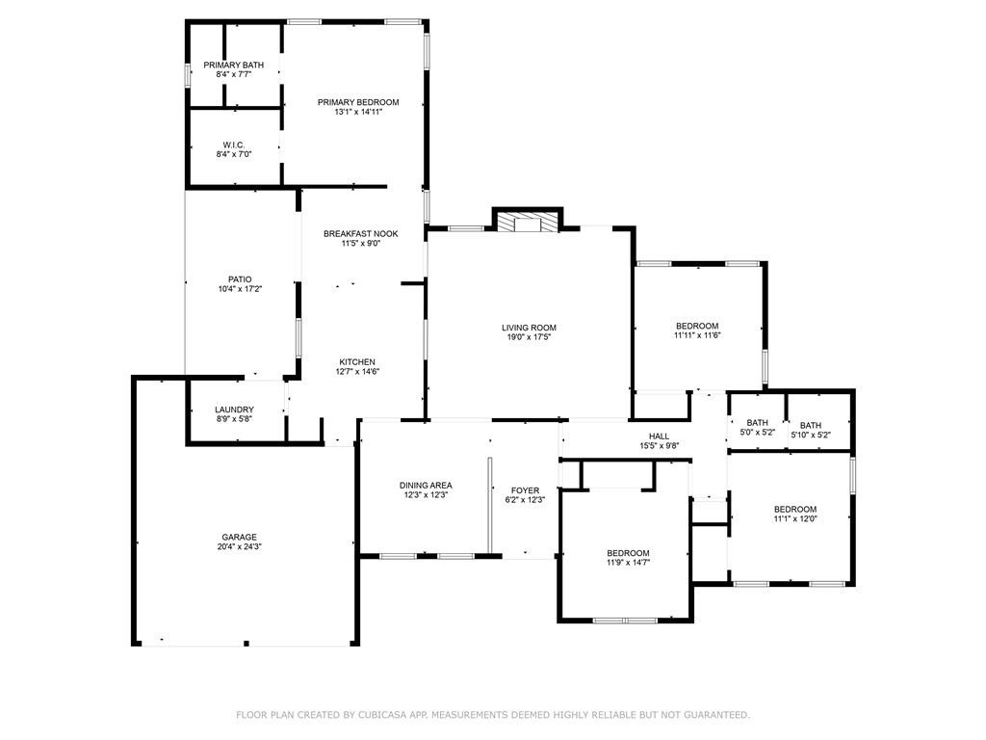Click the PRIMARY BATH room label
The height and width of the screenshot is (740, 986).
click(x=234, y=65)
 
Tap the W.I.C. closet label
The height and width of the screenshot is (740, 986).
click(x=234, y=145)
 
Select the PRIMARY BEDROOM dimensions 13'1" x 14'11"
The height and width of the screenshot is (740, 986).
click(x=358, y=112)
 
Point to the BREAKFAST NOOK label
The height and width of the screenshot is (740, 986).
click(x=361, y=233)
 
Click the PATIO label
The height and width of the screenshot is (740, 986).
click(x=240, y=279)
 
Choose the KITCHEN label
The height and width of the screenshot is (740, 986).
click(x=357, y=362)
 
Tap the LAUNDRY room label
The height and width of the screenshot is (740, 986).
click(x=235, y=410)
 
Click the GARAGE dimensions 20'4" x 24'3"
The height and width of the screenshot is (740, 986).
click(x=239, y=547)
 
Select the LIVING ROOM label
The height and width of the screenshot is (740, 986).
click(x=529, y=328)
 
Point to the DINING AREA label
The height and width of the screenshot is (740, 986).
click(x=426, y=486)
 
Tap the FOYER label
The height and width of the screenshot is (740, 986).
click(x=525, y=490)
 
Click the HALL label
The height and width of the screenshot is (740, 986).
click(x=659, y=436)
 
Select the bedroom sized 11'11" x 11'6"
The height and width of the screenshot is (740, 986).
click(x=697, y=331)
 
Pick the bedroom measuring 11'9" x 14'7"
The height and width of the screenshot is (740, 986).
click(x=628, y=558)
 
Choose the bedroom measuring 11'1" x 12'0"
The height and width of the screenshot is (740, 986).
click(x=795, y=515)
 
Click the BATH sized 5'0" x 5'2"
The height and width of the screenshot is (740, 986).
click(x=758, y=428)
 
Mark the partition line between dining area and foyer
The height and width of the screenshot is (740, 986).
click(x=488, y=505)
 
